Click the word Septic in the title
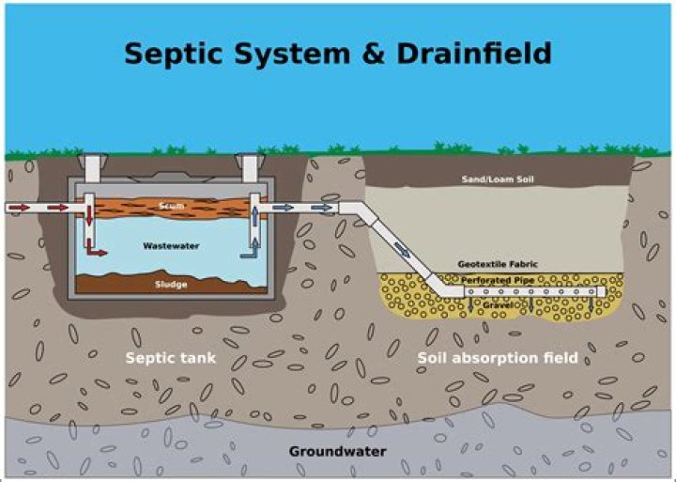[x=177, y=54]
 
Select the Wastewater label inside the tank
[x=168, y=245]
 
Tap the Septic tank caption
[x=171, y=358]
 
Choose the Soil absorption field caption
[x=497, y=358]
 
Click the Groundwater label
[x=337, y=451]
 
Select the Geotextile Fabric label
[x=497, y=264]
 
